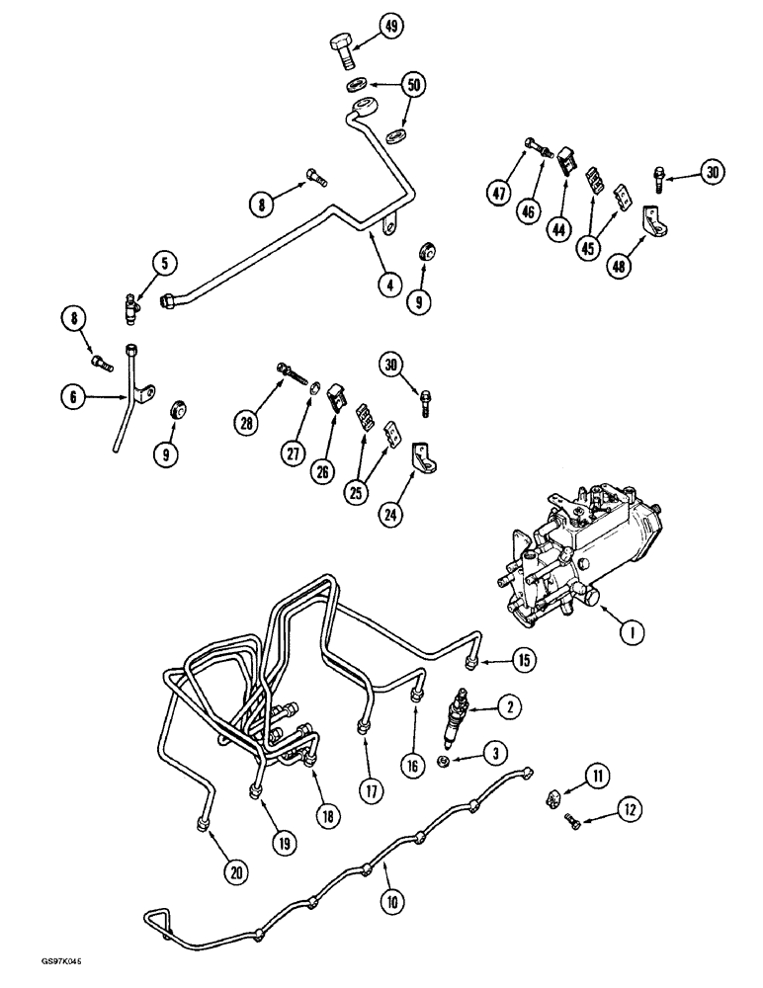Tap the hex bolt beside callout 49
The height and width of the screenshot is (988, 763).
[x=341, y=49]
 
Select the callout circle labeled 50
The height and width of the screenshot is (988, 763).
[x=414, y=85]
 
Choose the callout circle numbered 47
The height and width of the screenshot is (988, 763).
[x=499, y=193]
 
